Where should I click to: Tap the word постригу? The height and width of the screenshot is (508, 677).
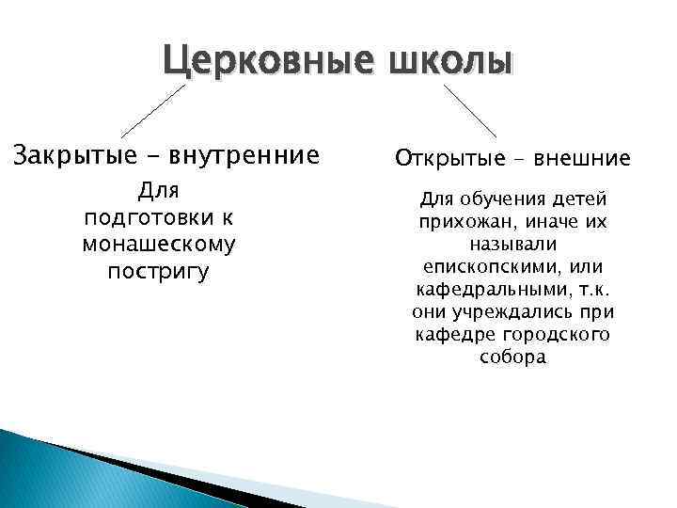coord(159,272)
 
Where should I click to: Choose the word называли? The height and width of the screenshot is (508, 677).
coord(512,245)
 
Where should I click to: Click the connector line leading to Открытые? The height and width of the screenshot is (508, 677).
coord(469,111)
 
